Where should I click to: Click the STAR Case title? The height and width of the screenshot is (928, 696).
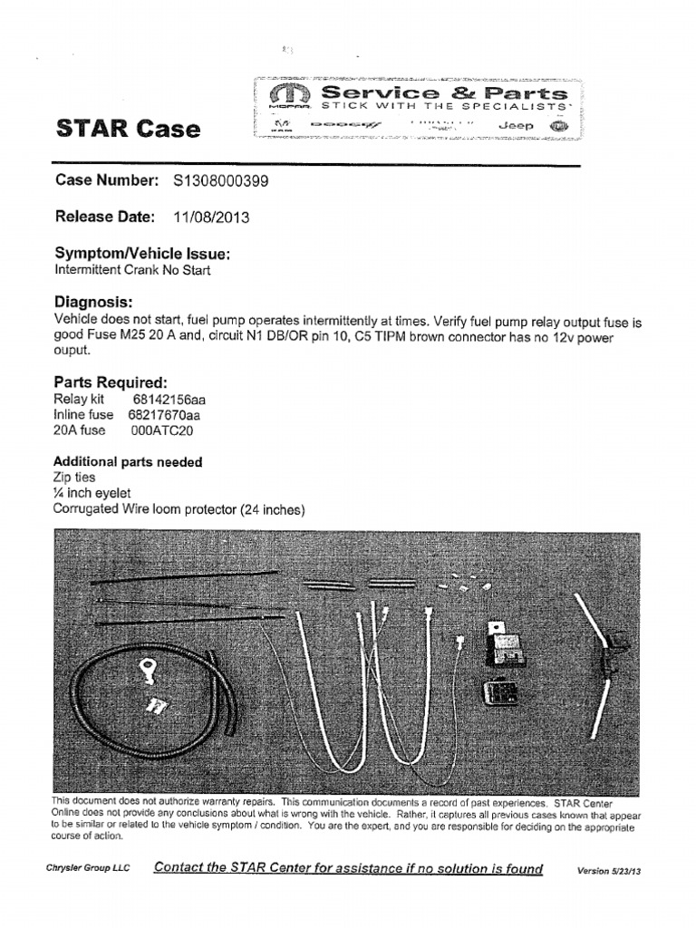(128, 128)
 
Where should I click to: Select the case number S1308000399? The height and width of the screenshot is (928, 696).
(220, 181)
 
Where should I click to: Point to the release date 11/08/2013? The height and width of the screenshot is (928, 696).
(211, 217)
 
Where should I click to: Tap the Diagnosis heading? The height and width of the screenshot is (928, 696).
(94, 301)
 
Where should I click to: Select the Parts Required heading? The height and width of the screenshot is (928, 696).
(111, 382)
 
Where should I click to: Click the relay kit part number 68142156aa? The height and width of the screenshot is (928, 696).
(169, 399)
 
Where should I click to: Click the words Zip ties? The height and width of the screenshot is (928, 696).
(74, 477)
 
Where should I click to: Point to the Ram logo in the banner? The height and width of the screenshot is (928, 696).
(280, 126)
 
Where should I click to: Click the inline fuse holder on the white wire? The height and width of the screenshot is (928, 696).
(604, 649)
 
